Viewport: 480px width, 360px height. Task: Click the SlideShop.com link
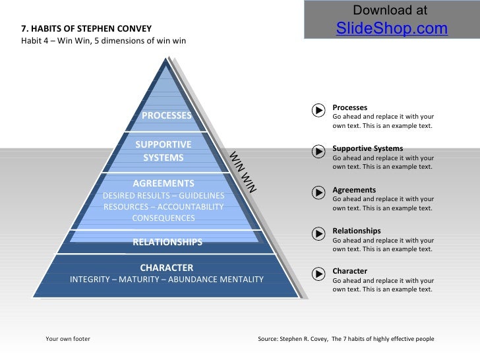click(392, 29)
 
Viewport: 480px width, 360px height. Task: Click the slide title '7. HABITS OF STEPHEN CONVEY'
click(87, 29)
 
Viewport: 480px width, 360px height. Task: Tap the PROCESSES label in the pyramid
click(167, 116)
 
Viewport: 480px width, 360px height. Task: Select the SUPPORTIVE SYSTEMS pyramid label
click(164, 151)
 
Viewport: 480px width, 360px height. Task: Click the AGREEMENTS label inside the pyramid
click(164, 183)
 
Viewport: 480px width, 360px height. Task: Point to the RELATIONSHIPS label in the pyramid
click(167, 242)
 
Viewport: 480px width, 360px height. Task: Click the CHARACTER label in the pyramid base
click(167, 267)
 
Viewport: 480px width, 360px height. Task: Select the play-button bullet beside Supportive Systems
click(318, 152)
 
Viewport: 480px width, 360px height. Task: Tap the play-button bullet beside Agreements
click(318, 193)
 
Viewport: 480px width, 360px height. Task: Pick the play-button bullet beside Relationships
click(318, 233)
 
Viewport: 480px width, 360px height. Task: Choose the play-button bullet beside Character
click(318, 274)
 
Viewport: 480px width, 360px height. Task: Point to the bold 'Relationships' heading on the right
click(356, 231)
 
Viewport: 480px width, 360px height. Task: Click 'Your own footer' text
click(68, 339)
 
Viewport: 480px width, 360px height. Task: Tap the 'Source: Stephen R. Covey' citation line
click(345, 339)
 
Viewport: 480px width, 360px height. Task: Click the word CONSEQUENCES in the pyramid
click(164, 218)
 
